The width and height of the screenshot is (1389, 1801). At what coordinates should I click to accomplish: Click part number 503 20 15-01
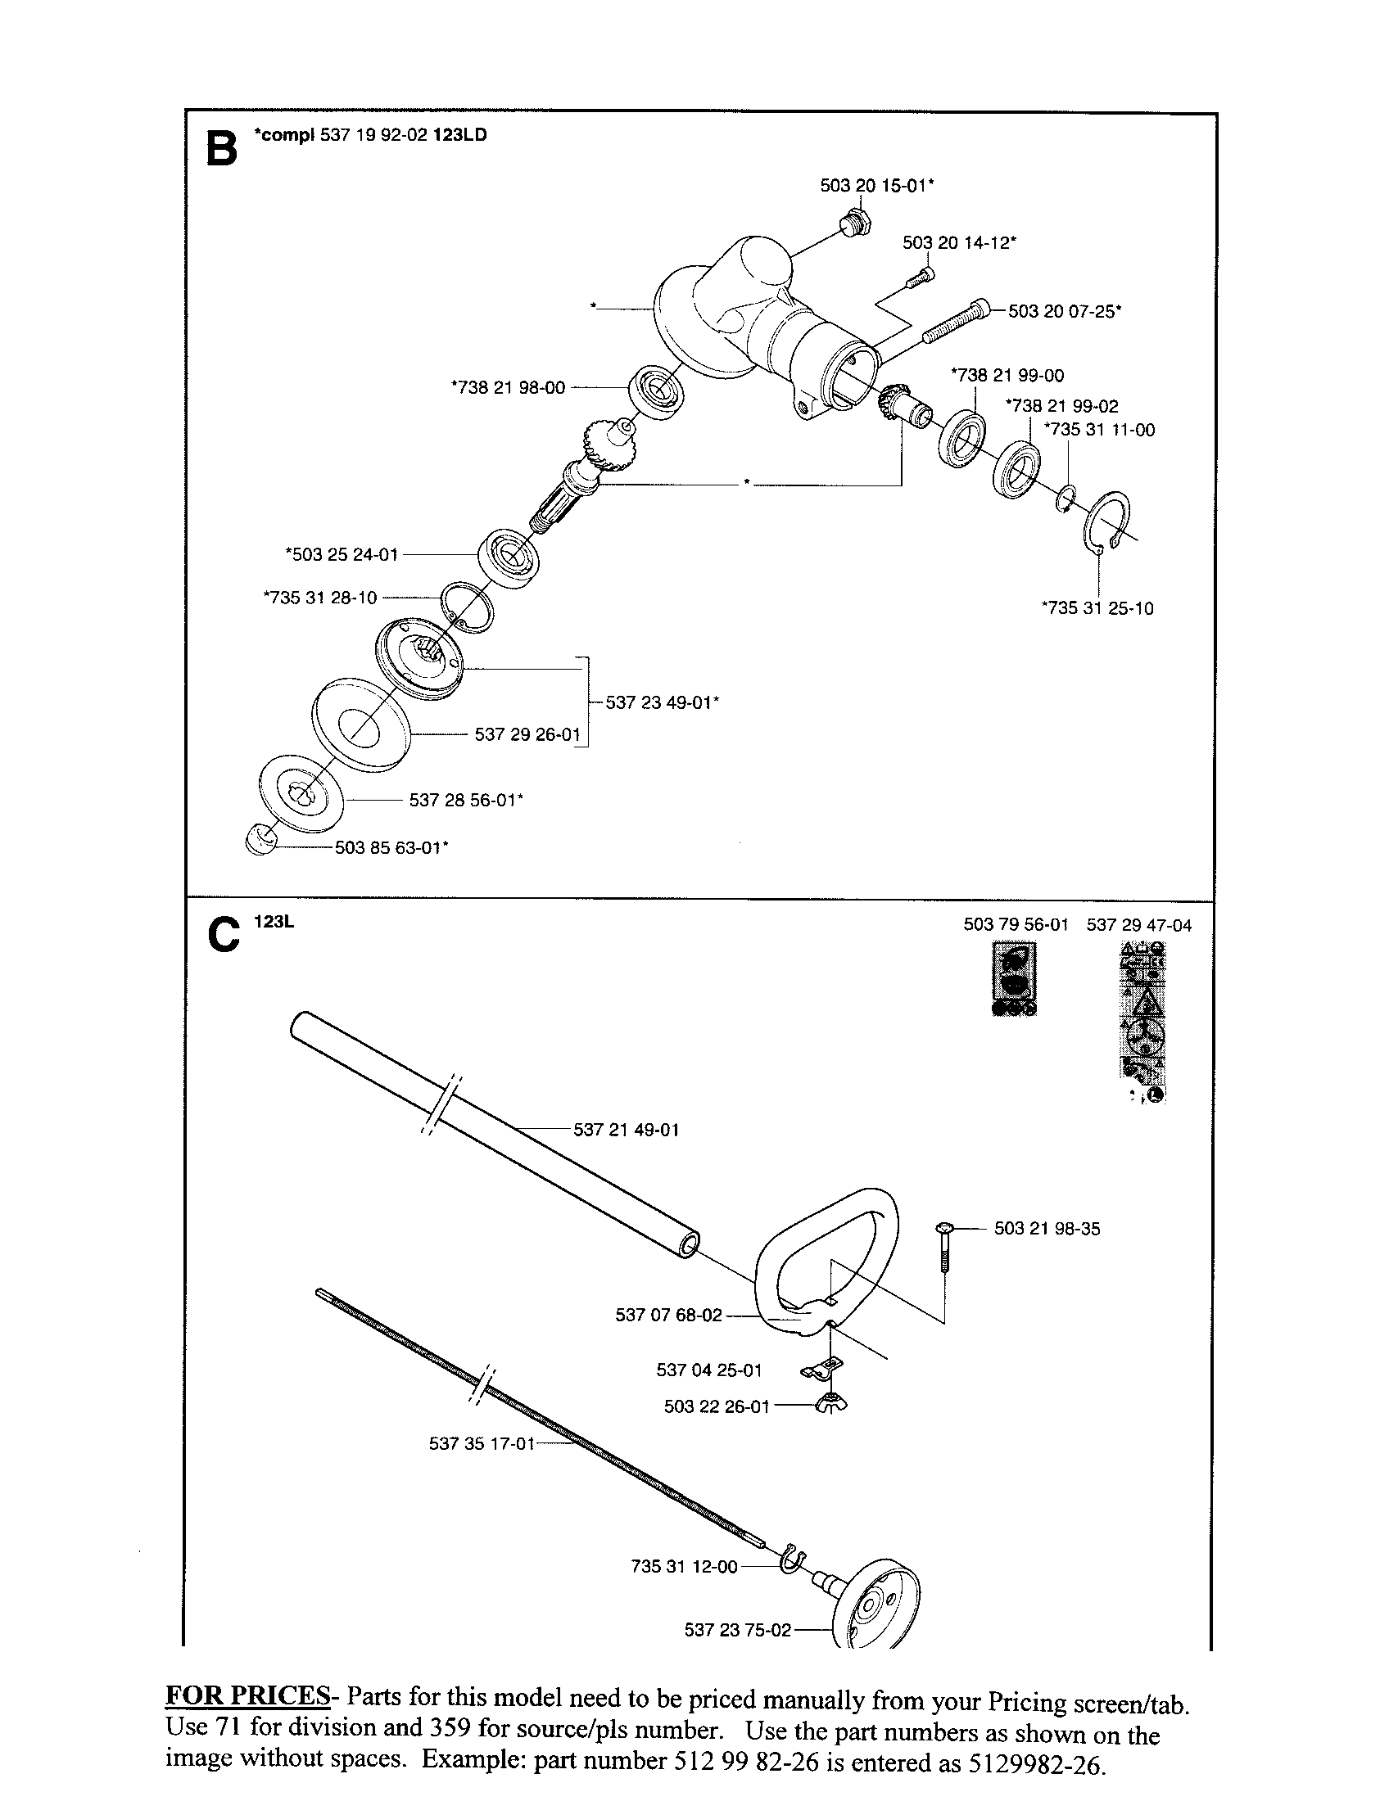point(876,186)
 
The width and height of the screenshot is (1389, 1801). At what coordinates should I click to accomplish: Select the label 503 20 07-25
point(1064,311)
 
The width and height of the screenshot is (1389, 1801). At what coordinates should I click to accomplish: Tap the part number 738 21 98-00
point(508,386)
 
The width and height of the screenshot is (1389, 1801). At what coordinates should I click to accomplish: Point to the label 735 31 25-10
point(1097,608)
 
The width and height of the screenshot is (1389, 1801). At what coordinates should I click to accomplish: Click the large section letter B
point(221,148)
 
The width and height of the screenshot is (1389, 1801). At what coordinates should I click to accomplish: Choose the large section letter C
point(223,936)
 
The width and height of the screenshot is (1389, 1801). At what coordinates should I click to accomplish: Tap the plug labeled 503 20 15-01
point(852,223)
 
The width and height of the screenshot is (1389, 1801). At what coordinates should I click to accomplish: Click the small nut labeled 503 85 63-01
point(260,841)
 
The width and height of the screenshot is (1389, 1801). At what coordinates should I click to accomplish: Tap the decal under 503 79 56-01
point(1014,979)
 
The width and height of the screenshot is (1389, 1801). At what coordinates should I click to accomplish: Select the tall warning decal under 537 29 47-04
point(1142,1022)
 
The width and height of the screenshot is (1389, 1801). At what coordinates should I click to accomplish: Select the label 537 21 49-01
point(626,1130)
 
